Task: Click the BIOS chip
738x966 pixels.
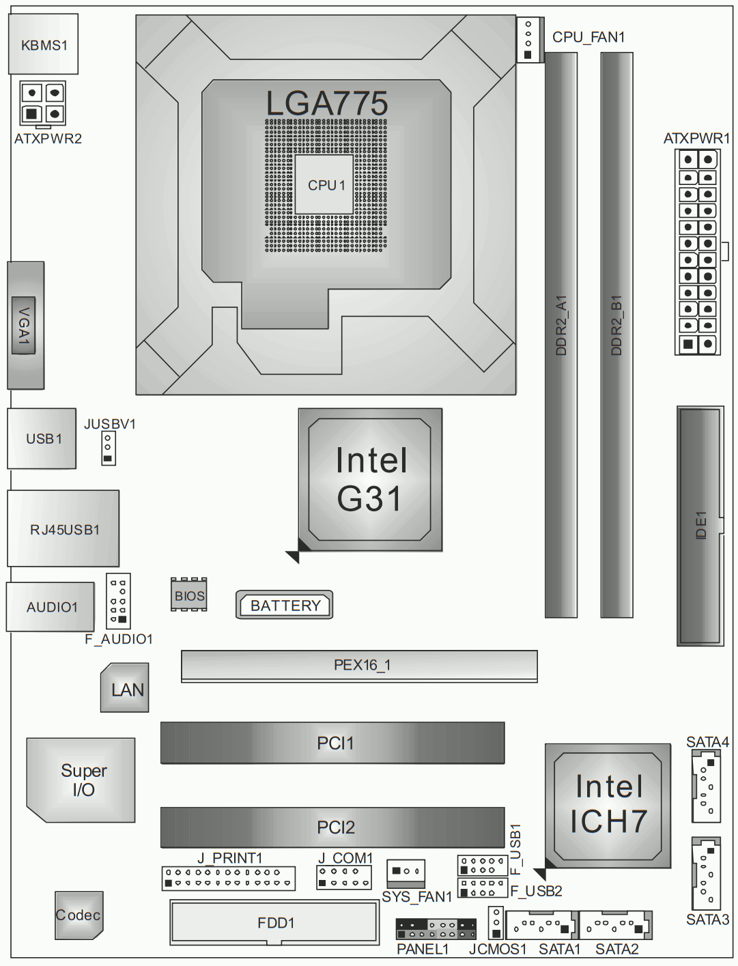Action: click(189, 595)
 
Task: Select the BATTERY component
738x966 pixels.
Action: click(284, 605)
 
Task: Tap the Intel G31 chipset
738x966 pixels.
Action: click(370, 480)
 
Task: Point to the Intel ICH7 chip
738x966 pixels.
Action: click(608, 806)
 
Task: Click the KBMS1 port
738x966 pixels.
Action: click(43, 44)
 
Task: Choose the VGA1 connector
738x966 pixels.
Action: click(25, 325)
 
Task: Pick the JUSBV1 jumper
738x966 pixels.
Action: click(109, 448)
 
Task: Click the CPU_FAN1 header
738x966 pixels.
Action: click(530, 40)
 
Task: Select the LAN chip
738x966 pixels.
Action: click(124, 688)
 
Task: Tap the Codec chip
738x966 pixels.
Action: click(79, 915)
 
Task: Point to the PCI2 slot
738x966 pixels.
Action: click(332, 827)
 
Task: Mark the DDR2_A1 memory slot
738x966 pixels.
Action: click(561, 335)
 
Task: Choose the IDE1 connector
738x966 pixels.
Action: click(700, 526)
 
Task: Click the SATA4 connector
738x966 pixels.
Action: click(706, 786)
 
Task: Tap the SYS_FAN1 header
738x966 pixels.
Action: click(406, 874)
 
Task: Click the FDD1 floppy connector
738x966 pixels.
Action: click(274, 922)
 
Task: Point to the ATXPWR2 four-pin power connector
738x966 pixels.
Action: click(43, 103)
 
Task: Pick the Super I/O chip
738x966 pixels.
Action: click(81, 780)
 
